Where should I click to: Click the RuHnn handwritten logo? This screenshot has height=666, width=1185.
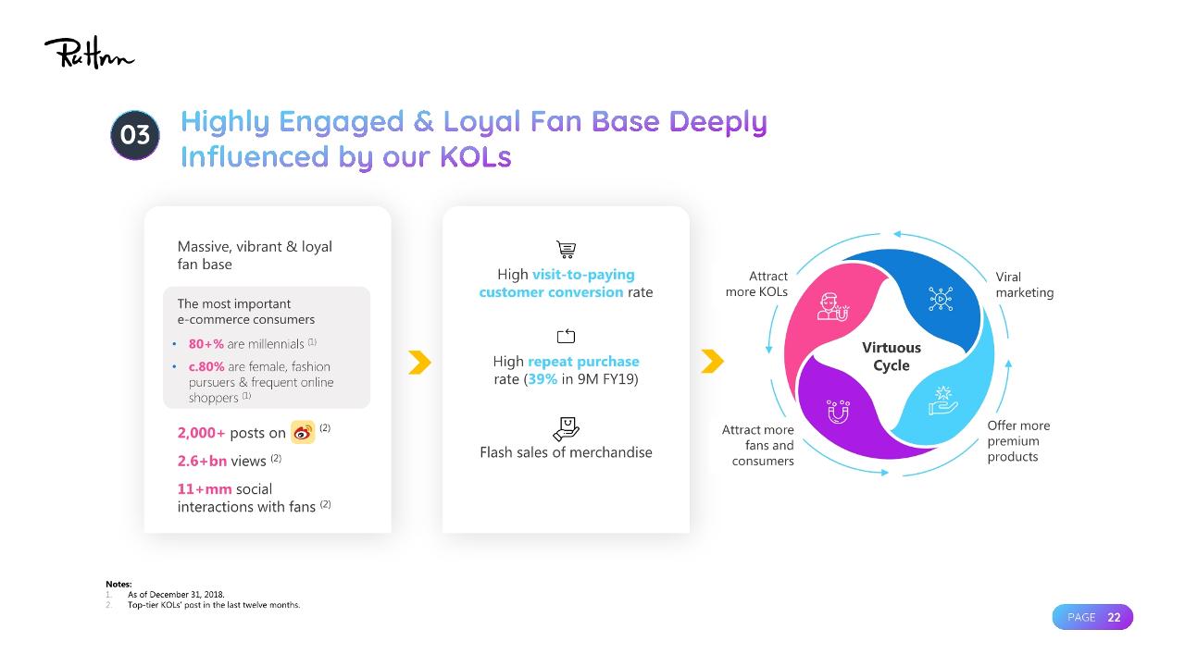90,53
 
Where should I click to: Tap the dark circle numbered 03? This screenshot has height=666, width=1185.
135,135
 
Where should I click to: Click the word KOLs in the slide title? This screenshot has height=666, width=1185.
476,157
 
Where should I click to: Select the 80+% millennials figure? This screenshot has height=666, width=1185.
206,344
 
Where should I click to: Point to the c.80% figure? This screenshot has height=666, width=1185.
206,367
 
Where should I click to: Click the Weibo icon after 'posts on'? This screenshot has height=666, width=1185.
303,432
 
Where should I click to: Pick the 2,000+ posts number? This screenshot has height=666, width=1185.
201,433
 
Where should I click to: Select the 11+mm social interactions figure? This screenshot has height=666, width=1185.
205,489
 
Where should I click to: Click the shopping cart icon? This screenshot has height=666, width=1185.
566,249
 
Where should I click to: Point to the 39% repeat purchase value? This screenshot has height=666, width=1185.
543,379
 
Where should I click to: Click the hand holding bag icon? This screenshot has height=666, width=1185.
566,428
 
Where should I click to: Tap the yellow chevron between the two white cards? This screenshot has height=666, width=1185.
419,363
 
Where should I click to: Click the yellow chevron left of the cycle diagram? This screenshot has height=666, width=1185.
712,362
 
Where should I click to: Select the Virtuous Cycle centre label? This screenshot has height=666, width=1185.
892,356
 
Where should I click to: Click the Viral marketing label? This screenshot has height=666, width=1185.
1025,285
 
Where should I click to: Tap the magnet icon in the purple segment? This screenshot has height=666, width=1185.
839,412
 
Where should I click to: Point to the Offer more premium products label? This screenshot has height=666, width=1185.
1018,441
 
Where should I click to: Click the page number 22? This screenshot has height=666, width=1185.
1114,617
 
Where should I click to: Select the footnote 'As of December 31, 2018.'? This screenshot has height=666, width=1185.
176,595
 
